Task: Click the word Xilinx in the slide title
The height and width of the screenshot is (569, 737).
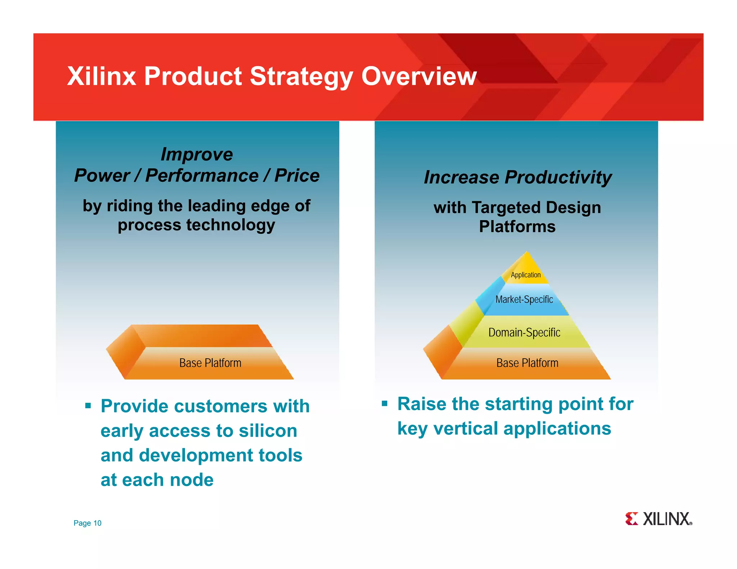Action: coord(101,76)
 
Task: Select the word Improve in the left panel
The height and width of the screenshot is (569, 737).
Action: coord(196,154)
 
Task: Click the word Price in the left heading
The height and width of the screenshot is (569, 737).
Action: coord(297,176)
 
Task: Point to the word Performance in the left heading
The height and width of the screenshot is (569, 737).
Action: coord(202,176)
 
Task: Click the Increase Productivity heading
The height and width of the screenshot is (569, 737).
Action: coord(517,177)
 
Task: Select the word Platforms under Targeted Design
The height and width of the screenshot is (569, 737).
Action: coord(517,227)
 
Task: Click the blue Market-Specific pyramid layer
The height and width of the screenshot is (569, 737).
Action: coord(524,299)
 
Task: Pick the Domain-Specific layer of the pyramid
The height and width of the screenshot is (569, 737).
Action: coord(524,332)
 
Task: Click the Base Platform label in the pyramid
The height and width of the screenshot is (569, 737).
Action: coord(527,363)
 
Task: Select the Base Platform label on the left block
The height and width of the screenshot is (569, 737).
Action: coord(210,363)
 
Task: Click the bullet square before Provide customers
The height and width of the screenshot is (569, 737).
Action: coord(88,406)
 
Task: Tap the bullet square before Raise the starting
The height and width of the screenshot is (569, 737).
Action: coord(384,404)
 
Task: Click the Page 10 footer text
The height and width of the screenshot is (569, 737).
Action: coord(87,523)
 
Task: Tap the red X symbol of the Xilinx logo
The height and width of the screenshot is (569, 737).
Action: coord(631,519)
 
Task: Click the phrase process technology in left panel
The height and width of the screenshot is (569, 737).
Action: coord(196,225)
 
